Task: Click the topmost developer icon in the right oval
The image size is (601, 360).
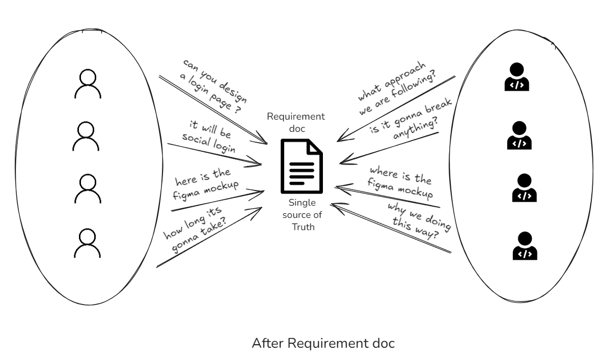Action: pyautogui.click(x=516, y=76)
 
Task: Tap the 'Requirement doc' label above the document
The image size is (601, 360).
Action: pyautogui.click(x=296, y=123)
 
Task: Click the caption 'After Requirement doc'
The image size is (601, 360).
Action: pyautogui.click(x=323, y=343)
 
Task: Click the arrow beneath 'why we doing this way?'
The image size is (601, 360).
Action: pyautogui.click(x=392, y=229)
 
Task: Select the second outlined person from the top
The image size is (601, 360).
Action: pyautogui.click(x=86, y=136)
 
